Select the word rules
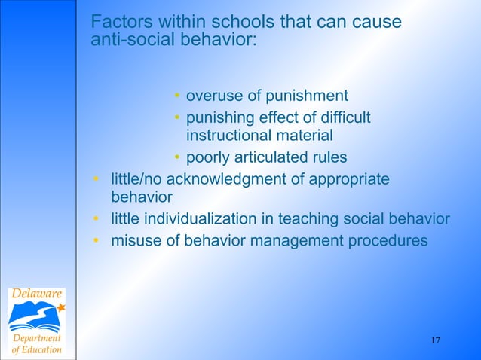point(328,158)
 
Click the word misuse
point(132,241)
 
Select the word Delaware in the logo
point(36,294)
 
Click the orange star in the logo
point(61,307)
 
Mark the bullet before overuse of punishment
point(176,96)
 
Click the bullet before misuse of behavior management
point(97,241)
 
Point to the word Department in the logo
point(36,338)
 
